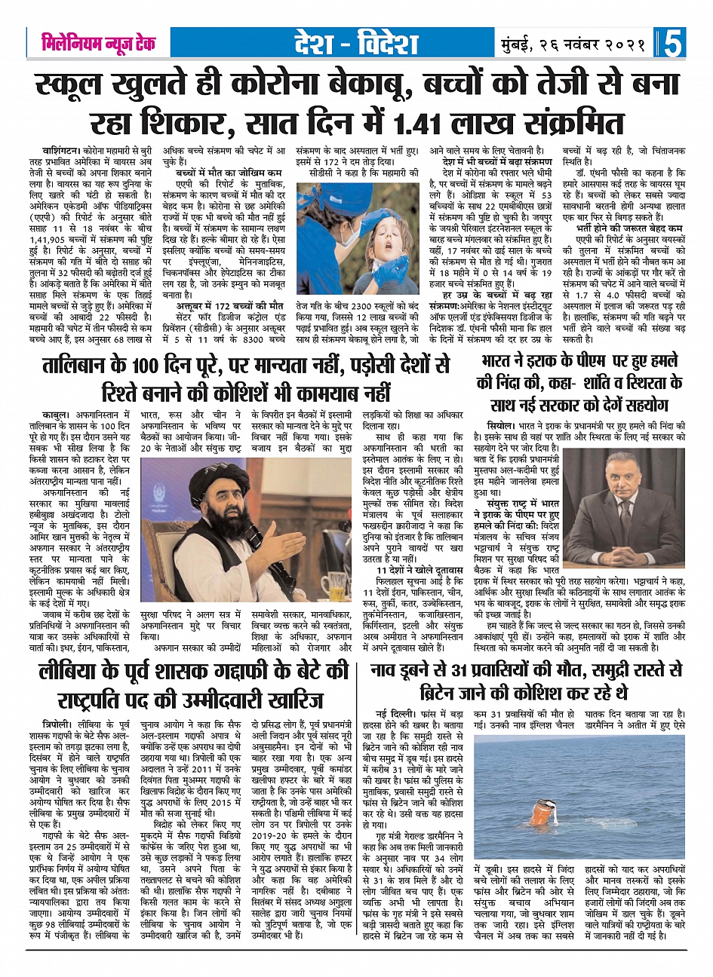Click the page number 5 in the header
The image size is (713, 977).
[673, 43]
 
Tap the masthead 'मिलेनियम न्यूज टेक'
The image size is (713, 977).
[99, 43]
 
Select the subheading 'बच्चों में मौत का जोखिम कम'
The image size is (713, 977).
[223, 171]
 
